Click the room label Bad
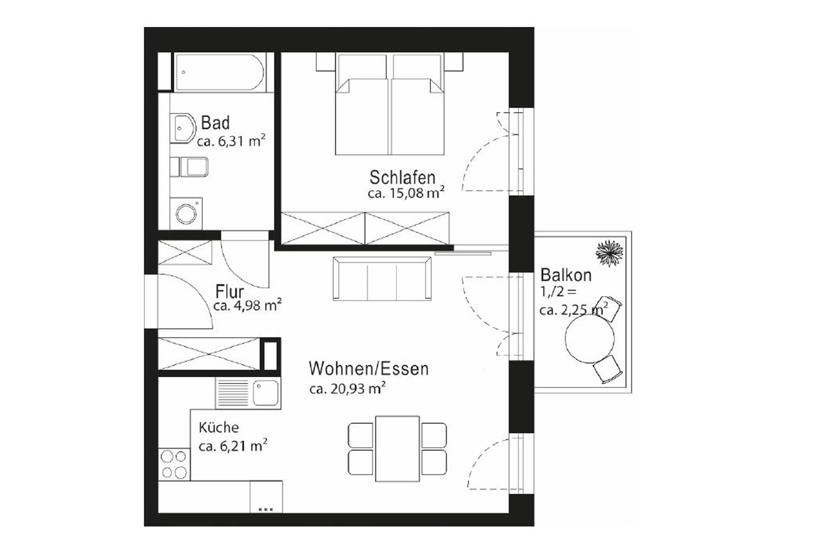pyautogui.click(x=215, y=123)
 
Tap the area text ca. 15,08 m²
pyautogui.click(x=406, y=193)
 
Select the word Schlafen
pyautogui.click(x=402, y=177)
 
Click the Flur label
pyautogui.click(x=229, y=292)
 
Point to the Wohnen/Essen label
pyautogui.click(x=368, y=369)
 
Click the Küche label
pyautogui.click(x=219, y=427)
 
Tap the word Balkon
pyautogui.click(x=566, y=275)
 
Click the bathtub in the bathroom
pyautogui.click(x=219, y=72)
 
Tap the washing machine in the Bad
pyautogui.click(x=186, y=213)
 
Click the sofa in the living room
pyautogui.click(x=382, y=278)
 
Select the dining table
pyautogui.click(x=397, y=449)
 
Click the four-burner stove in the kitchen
pyautogui.click(x=174, y=464)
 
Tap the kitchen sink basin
pyautogui.click(x=265, y=393)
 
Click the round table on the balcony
pyautogui.click(x=590, y=339)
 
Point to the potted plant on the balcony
pyautogui.click(x=609, y=253)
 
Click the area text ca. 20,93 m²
pyautogui.click(x=347, y=389)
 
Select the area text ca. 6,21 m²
pyautogui.click(x=233, y=446)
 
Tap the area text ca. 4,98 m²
pyautogui.click(x=247, y=305)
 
